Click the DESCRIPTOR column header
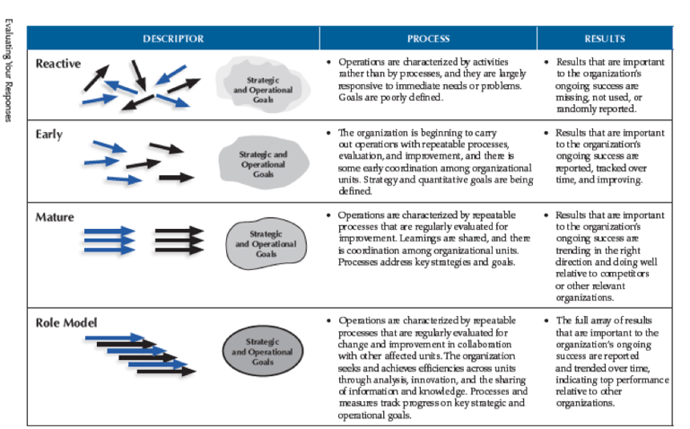(172, 39)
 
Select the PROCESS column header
(428, 39)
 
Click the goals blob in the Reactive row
(263, 85)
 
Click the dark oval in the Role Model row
(263, 347)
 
